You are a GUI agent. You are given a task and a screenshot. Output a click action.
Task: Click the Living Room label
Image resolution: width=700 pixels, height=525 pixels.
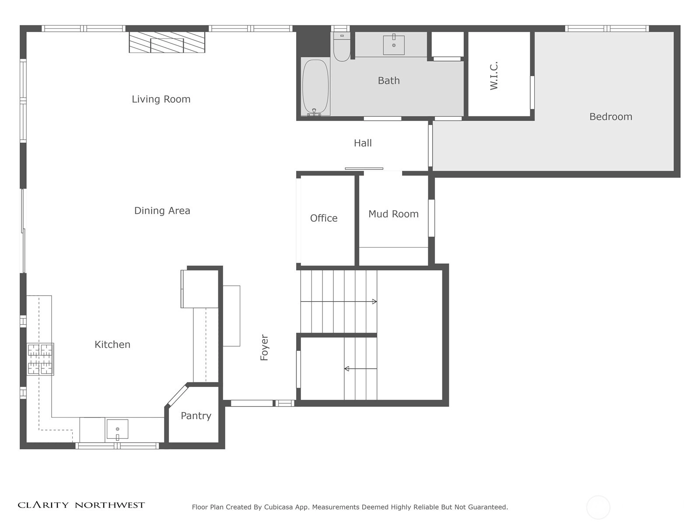[x=161, y=99]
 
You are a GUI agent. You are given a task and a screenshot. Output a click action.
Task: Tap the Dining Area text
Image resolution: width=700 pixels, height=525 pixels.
[x=162, y=211]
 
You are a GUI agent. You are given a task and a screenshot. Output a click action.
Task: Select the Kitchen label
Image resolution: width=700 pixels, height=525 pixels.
[x=112, y=345]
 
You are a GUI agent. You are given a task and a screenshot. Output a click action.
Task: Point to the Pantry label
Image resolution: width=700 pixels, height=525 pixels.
[x=196, y=416]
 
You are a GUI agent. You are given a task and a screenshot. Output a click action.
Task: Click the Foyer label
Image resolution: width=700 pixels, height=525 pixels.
[x=264, y=347]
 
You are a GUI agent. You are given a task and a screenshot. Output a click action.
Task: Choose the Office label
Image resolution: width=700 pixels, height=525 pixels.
[x=324, y=218]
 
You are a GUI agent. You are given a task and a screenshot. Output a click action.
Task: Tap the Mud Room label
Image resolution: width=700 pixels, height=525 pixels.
[x=393, y=214]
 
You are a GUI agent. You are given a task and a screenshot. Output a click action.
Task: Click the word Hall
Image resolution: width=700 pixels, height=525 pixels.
[x=363, y=143]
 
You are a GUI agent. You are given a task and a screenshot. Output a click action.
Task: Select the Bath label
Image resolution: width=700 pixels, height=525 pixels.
[x=389, y=80]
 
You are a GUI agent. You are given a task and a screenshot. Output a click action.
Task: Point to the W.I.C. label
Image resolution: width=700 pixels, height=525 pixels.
[x=493, y=76]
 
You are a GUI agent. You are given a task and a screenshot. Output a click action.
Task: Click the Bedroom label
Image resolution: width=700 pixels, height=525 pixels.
[x=611, y=117]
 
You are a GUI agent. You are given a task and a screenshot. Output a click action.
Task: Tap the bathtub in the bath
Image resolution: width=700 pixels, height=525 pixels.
[x=315, y=87]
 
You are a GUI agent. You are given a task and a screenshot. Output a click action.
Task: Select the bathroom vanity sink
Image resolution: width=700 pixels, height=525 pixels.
[x=394, y=45]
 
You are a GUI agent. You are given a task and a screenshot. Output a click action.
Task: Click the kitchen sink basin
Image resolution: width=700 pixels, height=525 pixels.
[x=117, y=429]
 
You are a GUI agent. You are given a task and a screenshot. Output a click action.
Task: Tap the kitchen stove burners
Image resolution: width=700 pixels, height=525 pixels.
[x=40, y=359]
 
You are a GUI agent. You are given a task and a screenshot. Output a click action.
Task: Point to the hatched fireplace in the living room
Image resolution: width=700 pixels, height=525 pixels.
[x=167, y=42]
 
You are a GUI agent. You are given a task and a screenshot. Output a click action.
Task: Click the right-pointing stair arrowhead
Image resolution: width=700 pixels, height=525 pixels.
[x=374, y=301]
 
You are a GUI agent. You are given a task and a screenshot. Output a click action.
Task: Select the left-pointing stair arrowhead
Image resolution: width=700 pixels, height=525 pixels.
[x=346, y=369]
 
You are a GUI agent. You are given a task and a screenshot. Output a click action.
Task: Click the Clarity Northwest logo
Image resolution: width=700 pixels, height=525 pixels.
[x=81, y=505]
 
